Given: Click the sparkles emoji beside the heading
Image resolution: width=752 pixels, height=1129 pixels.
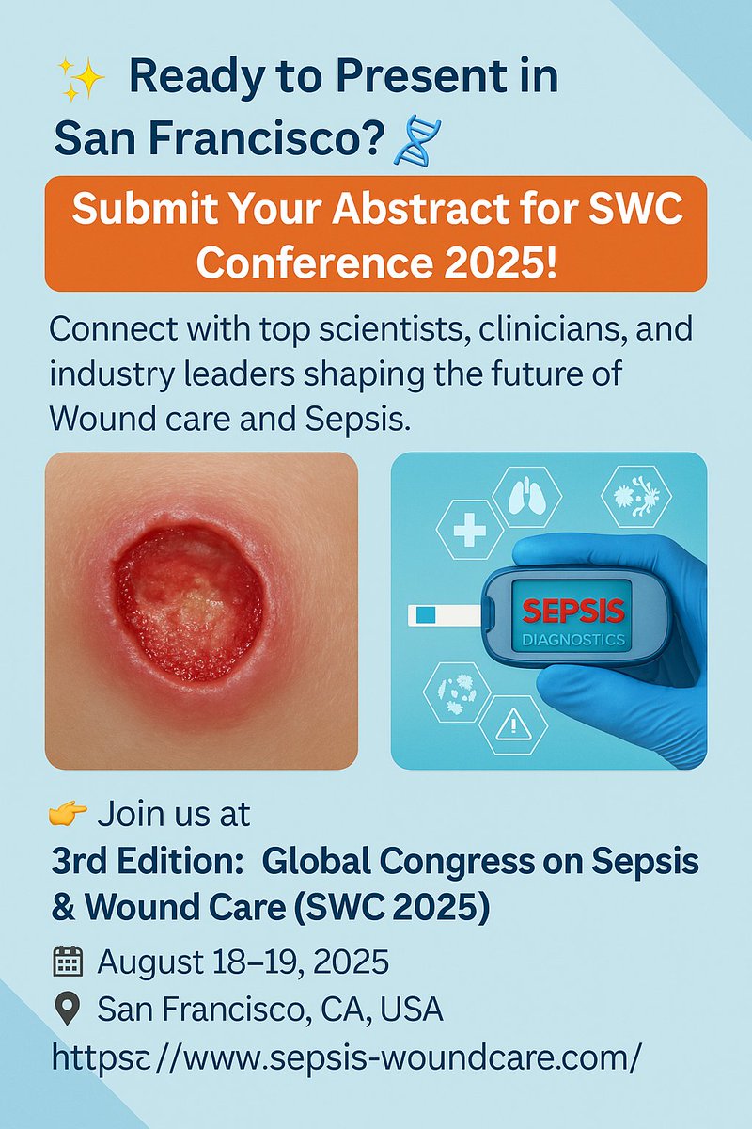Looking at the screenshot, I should click(x=80, y=79).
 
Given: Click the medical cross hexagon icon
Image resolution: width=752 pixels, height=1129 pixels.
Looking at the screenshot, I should click(x=470, y=532).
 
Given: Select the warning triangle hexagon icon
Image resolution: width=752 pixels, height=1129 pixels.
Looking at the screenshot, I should click(x=514, y=724).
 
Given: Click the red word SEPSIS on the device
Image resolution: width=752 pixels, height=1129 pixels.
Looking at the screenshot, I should click(x=573, y=612).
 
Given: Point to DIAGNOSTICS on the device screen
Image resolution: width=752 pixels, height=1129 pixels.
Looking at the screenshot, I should click(x=573, y=640).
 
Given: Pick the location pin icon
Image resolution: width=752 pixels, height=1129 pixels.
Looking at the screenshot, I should click(x=66, y=1010).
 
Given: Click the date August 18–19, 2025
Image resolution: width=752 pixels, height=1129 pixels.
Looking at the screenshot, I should click(x=243, y=962).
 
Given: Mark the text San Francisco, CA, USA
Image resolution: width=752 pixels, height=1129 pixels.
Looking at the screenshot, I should click(x=271, y=1010).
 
